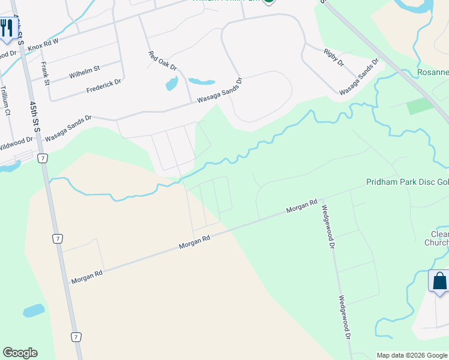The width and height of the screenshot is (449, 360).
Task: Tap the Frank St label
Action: click(44, 73)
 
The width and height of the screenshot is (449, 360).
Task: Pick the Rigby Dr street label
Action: click(333, 58)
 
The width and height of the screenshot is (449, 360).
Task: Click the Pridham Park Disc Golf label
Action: click(407, 182)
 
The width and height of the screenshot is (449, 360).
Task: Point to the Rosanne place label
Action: click(433, 73)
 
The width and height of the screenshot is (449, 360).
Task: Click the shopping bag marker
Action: click(439, 281)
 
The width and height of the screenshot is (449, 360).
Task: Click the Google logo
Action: click(20, 353)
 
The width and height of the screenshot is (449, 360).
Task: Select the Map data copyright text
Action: click(412, 355)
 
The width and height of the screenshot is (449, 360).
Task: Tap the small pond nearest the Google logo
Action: click(33, 311)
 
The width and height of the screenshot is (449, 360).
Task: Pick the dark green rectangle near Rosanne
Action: click(420, 106)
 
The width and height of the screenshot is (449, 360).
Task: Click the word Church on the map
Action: click(436, 242)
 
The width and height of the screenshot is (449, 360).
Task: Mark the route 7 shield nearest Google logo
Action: click(76, 337)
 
